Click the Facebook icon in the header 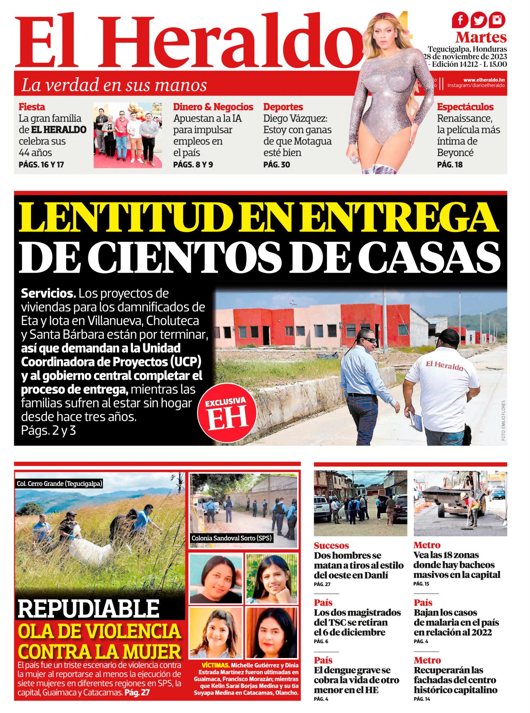point(460,21)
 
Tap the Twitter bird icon point(478,21)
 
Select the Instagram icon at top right point(497,21)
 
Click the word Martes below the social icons point(481,37)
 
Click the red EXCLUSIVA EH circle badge point(228,415)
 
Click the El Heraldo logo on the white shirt point(444,365)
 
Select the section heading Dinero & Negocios point(213,107)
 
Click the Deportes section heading point(283,107)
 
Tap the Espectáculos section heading point(465,107)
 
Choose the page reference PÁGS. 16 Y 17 point(41,165)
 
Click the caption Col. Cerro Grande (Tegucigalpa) point(59,484)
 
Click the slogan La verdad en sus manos point(114,85)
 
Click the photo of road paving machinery point(460,503)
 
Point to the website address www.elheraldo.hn point(484,80)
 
